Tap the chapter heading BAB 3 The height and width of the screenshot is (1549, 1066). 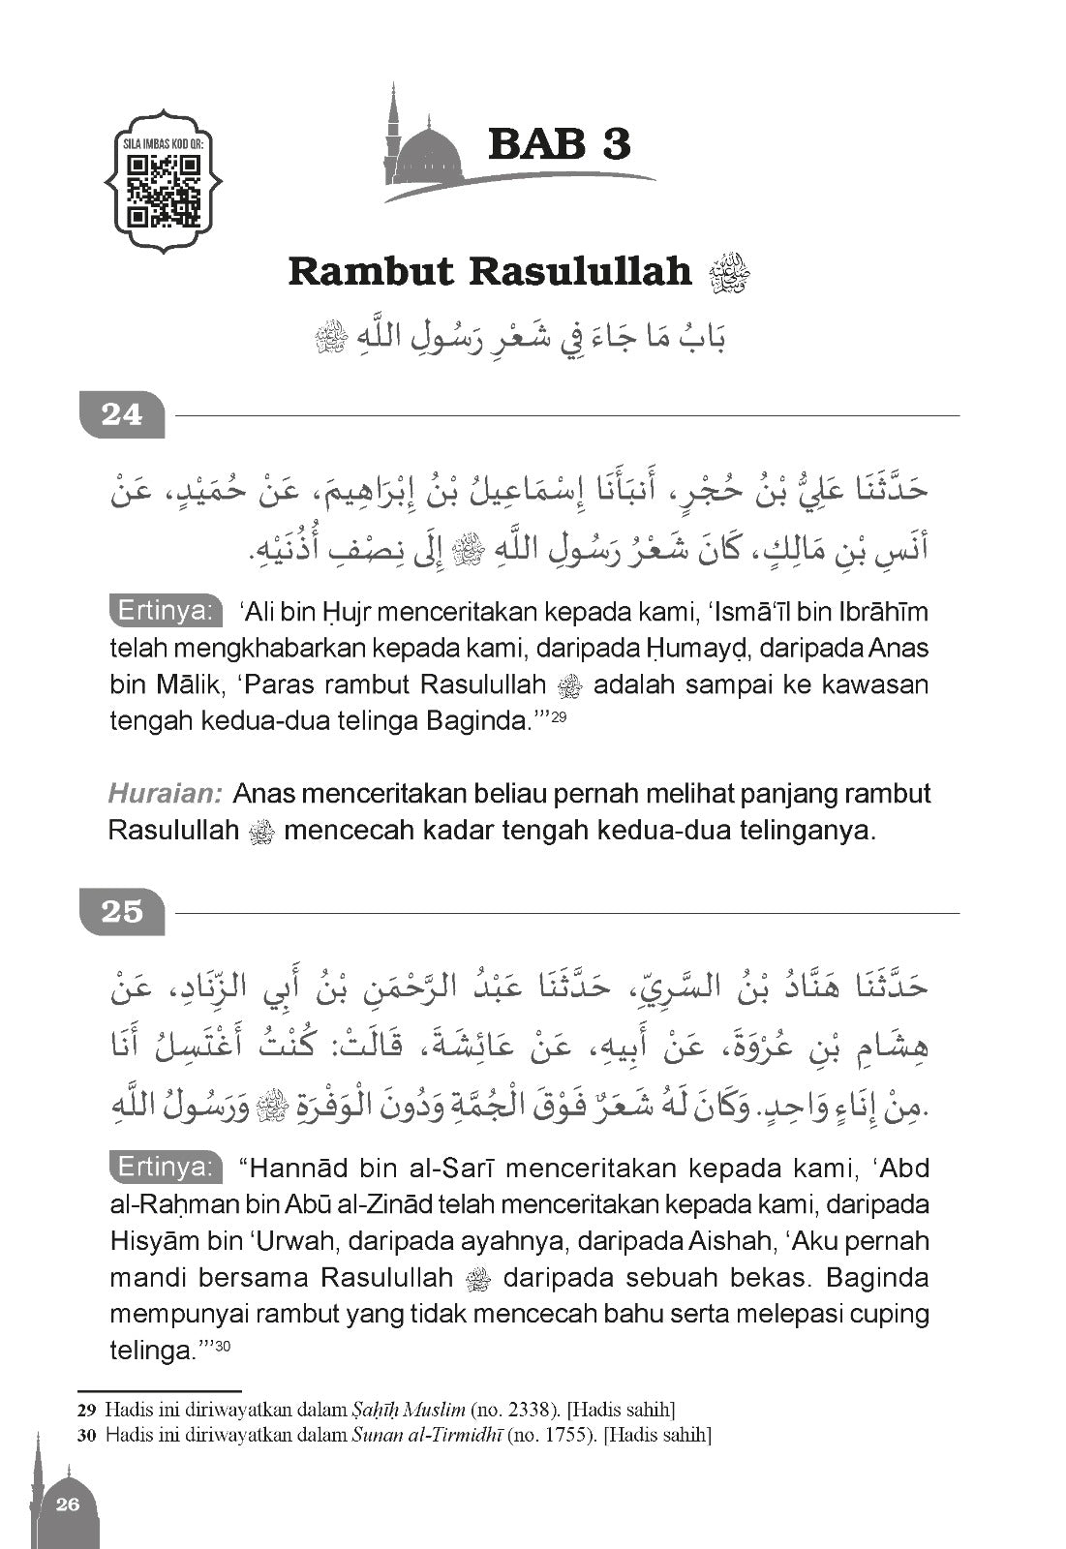pyautogui.click(x=559, y=143)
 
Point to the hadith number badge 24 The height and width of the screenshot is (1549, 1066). pyautogui.click(x=122, y=415)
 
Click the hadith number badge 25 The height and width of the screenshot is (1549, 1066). pyautogui.click(x=122, y=912)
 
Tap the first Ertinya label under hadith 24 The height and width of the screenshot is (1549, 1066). pyautogui.click(x=165, y=612)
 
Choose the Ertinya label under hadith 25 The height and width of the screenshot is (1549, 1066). pyautogui.click(x=165, y=1168)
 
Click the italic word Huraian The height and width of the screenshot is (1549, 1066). pyautogui.click(x=166, y=794)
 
